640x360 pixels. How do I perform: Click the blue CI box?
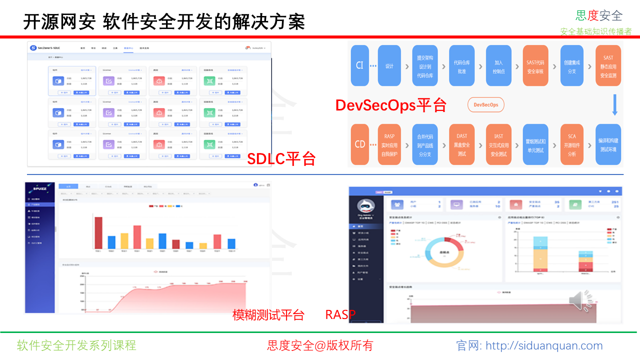click(359, 65)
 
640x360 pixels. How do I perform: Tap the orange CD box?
click(359, 144)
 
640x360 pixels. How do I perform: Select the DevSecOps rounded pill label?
click(486, 105)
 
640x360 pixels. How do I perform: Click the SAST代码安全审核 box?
click(535, 65)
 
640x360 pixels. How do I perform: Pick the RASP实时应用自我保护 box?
click(390, 144)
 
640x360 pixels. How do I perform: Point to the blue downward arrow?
click(615, 105)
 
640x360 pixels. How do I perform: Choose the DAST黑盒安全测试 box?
click(461, 144)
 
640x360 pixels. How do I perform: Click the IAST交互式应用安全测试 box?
click(498, 144)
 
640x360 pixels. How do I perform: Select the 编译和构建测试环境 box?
click(608, 144)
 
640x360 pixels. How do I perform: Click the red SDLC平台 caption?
click(281, 159)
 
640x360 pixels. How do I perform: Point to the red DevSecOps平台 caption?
click(390, 105)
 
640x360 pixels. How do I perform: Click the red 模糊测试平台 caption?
click(268, 315)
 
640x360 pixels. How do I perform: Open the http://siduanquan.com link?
click(544, 345)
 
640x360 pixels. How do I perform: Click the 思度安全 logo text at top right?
click(599, 16)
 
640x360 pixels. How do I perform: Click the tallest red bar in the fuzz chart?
click(98, 233)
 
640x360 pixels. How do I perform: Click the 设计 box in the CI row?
click(389, 65)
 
